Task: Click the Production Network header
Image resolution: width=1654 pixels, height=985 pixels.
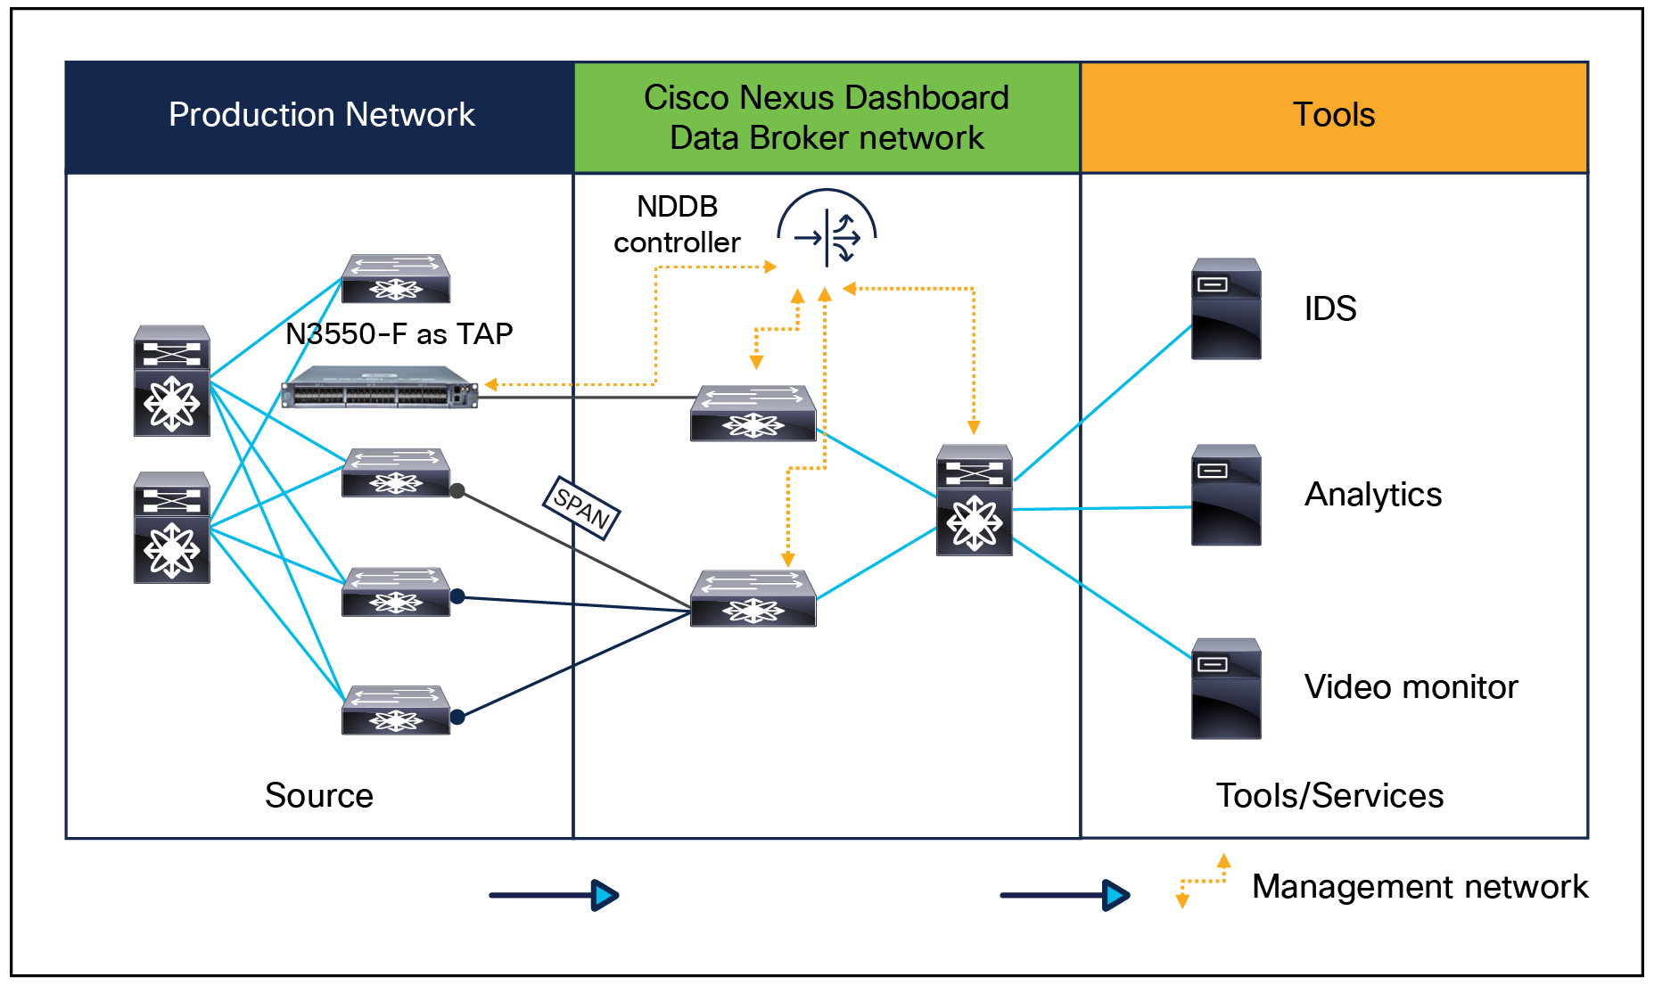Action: pyautogui.click(x=321, y=116)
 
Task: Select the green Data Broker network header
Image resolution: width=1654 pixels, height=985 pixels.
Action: pyautogui.click(x=827, y=118)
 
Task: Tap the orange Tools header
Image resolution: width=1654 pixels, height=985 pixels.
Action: pyautogui.click(x=1334, y=116)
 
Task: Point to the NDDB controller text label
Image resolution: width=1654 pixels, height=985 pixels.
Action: pyautogui.click(x=677, y=225)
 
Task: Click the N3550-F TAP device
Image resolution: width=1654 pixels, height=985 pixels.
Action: pyautogui.click(x=380, y=388)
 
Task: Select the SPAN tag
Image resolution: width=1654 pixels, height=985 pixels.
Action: pyautogui.click(x=581, y=507)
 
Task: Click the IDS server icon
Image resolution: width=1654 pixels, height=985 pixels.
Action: pyautogui.click(x=1226, y=308)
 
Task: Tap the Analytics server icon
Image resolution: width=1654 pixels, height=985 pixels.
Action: pyautogui.click(x=1226, y=495)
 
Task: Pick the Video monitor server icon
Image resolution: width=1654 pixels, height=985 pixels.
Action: pyautogui.click(x=1226, y=688)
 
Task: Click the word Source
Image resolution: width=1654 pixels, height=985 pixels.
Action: pyautogui.click(x=318, y=795)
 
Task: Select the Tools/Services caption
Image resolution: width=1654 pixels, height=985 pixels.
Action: pyautogui.click(x=1329, y=795)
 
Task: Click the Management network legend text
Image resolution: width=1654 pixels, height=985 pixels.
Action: pyautogui.click(x=1419, y=887)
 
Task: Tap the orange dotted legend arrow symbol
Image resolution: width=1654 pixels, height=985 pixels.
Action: pyautogui.click(x=1203, y=881)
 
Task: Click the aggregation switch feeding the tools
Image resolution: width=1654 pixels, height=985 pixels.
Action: pyautogui.click(x=974, y=500)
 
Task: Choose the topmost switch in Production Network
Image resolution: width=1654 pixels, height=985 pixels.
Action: pyautogui.click(x=396, y=279)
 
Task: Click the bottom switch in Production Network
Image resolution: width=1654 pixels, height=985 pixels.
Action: pyautogui.click(x=396, y=710)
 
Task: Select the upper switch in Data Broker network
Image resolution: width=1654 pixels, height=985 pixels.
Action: pyautogui.click(x=753, y=413)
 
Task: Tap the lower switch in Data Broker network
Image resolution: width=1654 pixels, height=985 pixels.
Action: pyautogui.click(x=753, y=598)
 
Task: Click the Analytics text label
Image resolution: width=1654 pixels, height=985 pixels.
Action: pyautogui.click(x=1373, y=495)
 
